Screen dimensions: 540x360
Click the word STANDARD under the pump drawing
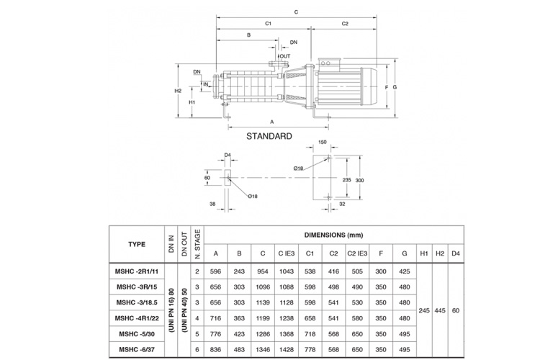(x=269, y=136)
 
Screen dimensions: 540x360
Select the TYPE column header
(x=137, y=244)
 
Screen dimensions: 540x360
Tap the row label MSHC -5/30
(x=137, y=334)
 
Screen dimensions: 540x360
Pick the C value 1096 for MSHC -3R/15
(x=263, y=287)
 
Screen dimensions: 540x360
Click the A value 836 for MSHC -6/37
(x=215, y=349)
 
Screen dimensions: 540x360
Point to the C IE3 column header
(x=287, y=253)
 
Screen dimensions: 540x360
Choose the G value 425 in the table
(x=405, y=271)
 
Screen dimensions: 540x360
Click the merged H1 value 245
(x=424, y=310)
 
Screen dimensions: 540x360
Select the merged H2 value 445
(x=440, y=310)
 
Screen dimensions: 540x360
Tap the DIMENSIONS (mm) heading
(x=333, y=235)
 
